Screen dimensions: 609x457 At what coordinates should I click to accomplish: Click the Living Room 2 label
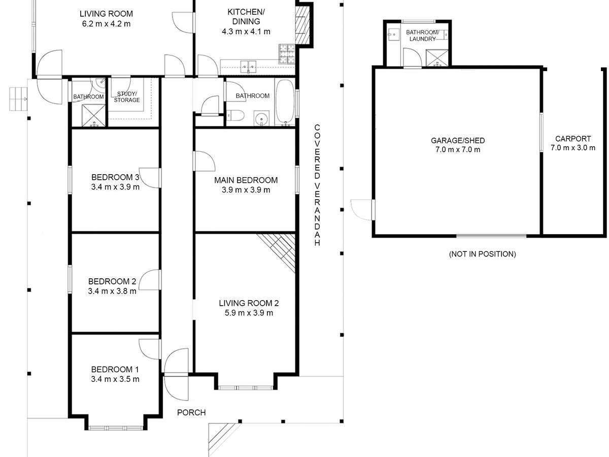click(249, 303)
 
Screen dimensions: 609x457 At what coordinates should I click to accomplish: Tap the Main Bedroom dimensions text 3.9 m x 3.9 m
click(246, 190)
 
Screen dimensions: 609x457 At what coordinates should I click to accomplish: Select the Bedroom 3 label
click(115, 177)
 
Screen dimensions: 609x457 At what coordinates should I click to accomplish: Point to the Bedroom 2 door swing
click(149, 280)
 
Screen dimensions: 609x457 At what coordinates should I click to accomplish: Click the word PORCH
click(191, 413)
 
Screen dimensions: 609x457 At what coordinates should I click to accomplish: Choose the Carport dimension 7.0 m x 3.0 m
click(573, 148)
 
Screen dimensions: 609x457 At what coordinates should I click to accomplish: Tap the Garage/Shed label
click(458, 141)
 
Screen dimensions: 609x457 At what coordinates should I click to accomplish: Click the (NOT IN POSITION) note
click(483, 254)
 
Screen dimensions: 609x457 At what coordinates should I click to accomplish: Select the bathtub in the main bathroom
click(285, 102)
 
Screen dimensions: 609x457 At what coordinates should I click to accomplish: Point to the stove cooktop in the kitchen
click(287, 54)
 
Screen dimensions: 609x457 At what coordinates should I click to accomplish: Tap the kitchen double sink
click(248, 67)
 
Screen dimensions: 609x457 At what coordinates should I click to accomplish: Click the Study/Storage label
click(127, 97)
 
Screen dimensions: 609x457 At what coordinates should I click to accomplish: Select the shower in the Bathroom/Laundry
click(437, 58)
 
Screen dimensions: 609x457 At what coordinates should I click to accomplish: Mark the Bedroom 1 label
click(115, 369)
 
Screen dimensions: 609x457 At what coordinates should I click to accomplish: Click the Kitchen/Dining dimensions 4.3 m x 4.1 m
click(246, 31)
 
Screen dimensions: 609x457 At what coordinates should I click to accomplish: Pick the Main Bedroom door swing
click(205, 161)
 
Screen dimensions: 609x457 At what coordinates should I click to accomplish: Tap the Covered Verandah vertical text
click(317, 185)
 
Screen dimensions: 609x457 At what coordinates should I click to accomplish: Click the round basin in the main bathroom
click(261, 119)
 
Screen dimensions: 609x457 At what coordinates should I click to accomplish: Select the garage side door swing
click(361, 210)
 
